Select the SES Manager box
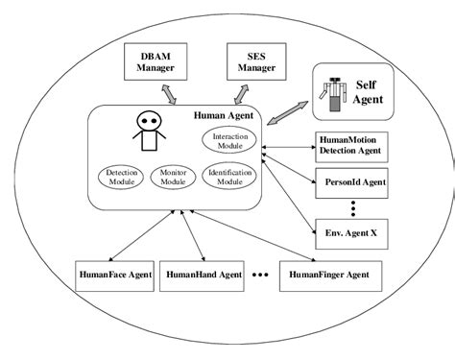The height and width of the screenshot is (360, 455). (254, 63)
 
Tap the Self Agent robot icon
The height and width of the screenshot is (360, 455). (334, 94)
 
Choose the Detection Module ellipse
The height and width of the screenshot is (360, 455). (121, 177)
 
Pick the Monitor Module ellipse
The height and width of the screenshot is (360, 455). (173, 177)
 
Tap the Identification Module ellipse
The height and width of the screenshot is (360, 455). (229, 177)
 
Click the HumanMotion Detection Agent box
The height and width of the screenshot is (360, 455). (355, 146)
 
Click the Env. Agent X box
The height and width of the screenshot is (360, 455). (355, 232)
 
